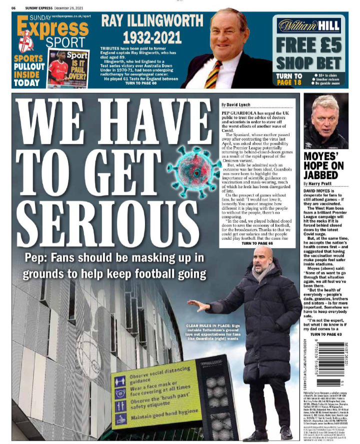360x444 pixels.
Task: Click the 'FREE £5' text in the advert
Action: point(309,46)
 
